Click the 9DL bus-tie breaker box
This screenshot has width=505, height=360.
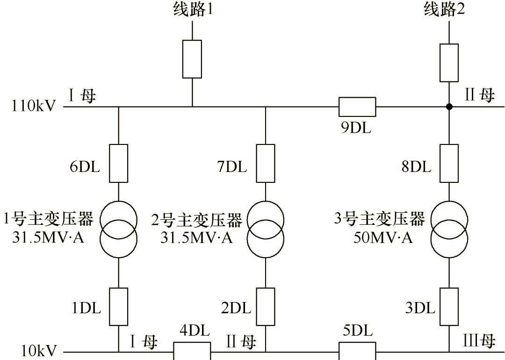click(x=357, y=107)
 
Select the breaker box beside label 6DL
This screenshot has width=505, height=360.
click(x=118, y=163)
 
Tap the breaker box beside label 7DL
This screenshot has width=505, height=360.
click(x=266, y=163)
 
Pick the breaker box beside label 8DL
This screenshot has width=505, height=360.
click(x=449, y=163)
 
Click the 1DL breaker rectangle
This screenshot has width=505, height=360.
click(x=118, y=307)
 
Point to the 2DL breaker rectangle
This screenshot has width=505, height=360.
click(x=266, y=307)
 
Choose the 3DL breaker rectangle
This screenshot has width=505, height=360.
click(x=449, y=307)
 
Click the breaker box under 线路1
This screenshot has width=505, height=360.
click(x=192, y=59)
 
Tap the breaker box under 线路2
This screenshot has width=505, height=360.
click(x=449, y=63)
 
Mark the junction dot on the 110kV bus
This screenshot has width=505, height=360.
click(x=449, y=107)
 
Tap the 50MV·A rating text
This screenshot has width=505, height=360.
click(x=383, y=238)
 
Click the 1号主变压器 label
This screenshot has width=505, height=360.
click(x=49, y=219)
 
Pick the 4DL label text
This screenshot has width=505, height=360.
click(x=193, y=331)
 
